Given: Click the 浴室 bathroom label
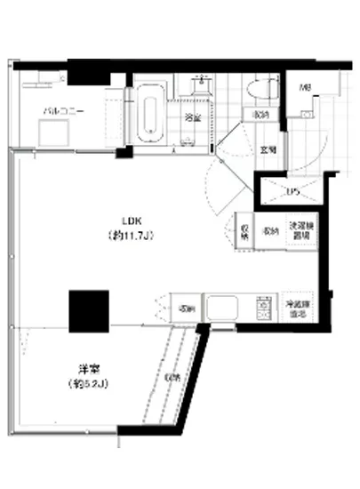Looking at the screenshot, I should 190,116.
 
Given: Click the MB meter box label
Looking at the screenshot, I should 305,87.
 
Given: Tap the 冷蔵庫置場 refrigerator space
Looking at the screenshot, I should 297,308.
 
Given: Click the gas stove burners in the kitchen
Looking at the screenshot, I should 263,308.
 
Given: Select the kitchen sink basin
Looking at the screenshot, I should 219,309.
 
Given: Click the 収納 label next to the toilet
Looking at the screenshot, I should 261,116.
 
